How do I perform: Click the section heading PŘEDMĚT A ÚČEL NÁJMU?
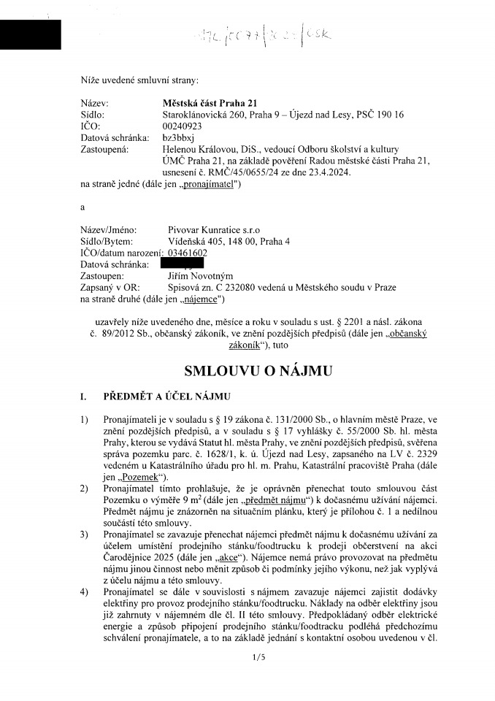(x=166, y=397)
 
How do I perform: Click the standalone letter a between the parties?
(x=83, y=207)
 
